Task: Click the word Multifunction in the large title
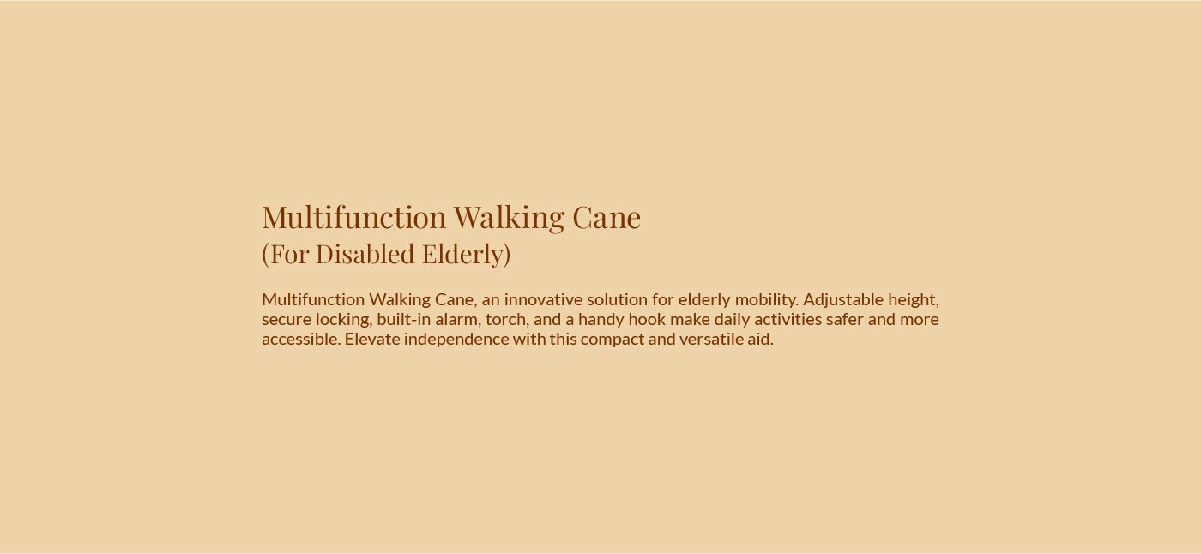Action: click(x=354, y=218)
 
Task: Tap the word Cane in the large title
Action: click(x=606, y=218)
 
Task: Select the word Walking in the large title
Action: click(x=509, y=218)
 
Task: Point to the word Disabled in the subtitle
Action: click(x=365, y=254)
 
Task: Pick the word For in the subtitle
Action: click(x=288, y=254)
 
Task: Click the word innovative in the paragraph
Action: click(x=542, y=299)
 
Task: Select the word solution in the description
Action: click(x=618, y=299)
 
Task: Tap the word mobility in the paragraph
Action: click(x=766, y=299)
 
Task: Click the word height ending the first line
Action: click(x=913, y=299)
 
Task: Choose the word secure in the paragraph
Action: click(x=286, y=319)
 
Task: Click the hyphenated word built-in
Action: click(x=403, y=319)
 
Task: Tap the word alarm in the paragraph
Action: click(x=456, y=319)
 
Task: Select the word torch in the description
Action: click(x=505, y=319)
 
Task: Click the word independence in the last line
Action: click(x=456, y=339)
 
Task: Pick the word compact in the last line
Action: click(x=612, y=339)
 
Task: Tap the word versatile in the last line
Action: click(x=711, y=339)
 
